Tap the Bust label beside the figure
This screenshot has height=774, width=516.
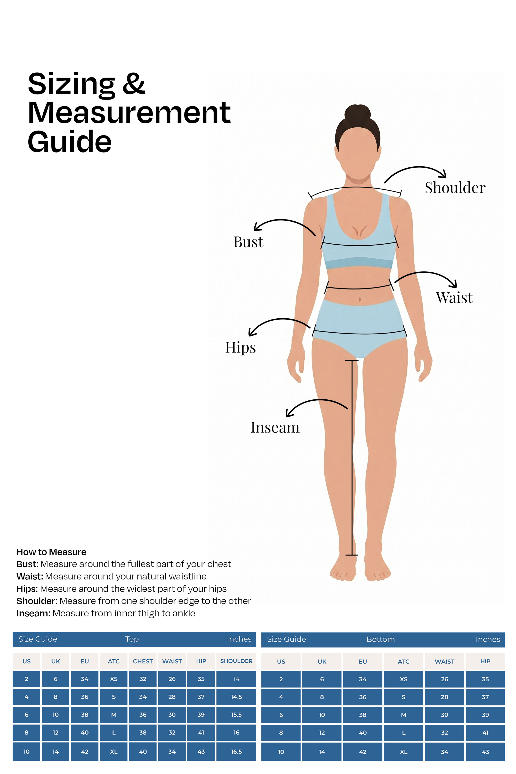248,242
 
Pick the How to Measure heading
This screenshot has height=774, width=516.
51,552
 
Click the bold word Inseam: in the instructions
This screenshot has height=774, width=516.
33,613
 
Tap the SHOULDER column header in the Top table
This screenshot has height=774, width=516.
236,661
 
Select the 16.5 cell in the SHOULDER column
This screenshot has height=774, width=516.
236,752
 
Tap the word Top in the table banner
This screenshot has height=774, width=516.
132,639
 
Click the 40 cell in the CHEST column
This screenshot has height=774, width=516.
143,752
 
